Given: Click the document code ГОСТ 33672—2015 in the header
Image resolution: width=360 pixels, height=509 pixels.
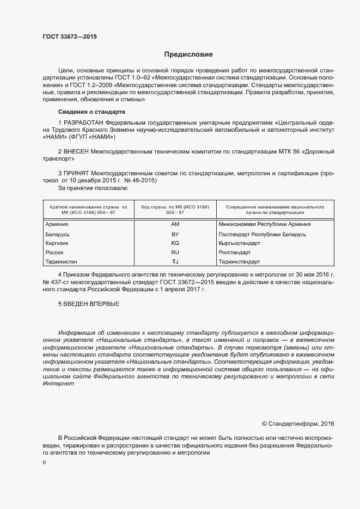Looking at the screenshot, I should [x=70, y=37].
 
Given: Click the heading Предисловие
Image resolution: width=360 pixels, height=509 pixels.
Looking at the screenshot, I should [x=189, y=54].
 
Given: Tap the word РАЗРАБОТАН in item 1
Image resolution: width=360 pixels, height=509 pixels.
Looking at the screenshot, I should [x=83, y=122].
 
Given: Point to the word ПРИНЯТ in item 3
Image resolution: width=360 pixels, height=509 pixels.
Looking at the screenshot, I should [x=76, y=173].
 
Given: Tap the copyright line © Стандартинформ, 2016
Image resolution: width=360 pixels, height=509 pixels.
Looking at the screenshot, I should [x=297, y=423].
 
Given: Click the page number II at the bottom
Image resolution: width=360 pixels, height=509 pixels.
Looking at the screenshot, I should [x=44, y=462].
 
